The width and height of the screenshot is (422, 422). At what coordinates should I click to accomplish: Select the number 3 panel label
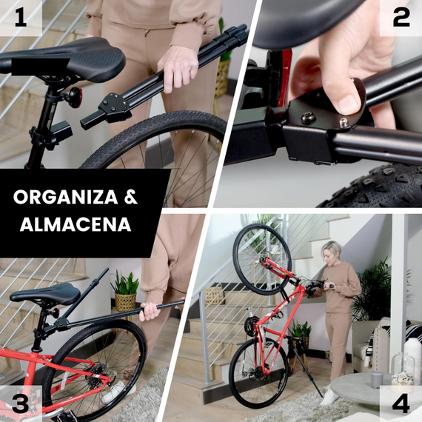20,403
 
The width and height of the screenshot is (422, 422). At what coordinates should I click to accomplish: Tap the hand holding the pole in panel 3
150,311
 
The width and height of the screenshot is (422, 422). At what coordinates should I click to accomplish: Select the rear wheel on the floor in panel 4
256,374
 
